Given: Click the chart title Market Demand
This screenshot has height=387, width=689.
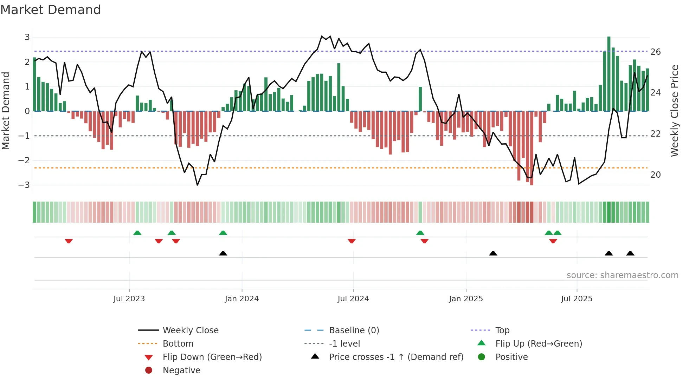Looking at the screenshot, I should point(51,10).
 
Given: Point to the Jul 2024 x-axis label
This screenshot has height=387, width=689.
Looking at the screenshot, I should point(353,299).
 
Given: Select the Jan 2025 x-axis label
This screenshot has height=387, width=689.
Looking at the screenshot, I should point(466,299).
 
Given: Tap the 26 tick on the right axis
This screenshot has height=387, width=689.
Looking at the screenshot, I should point(656,52).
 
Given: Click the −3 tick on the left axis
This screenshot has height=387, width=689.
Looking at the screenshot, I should point(24,185).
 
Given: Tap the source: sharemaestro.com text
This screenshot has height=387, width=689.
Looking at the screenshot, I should point(622,275).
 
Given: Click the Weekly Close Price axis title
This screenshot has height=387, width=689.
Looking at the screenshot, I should point(675,111).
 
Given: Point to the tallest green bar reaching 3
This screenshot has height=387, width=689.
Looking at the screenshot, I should point(609,74).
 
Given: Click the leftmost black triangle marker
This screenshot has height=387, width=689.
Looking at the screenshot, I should point(223,253).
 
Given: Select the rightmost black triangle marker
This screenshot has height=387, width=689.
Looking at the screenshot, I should point(630,253).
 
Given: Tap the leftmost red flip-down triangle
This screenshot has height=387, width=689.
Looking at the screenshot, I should point(69,241).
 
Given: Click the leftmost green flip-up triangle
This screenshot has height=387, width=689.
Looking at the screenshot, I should point(137,233).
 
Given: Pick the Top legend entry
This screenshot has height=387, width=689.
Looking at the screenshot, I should point(502,330).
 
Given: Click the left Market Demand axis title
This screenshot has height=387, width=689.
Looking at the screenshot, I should point(6,111).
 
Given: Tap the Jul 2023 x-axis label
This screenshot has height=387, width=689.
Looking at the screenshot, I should point(129,299).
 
